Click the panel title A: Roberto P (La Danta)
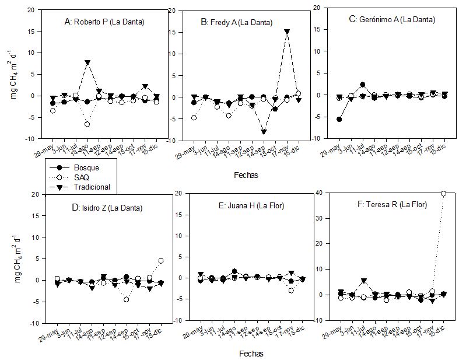tap(104, 22)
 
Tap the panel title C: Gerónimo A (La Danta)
tap(392, 19)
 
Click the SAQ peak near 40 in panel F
tap(443, 193)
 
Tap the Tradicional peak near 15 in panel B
tap(287, 32)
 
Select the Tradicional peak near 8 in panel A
tap(87, 62)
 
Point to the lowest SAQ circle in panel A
tap(87, 124)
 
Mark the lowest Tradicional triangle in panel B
tap(264, 132)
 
